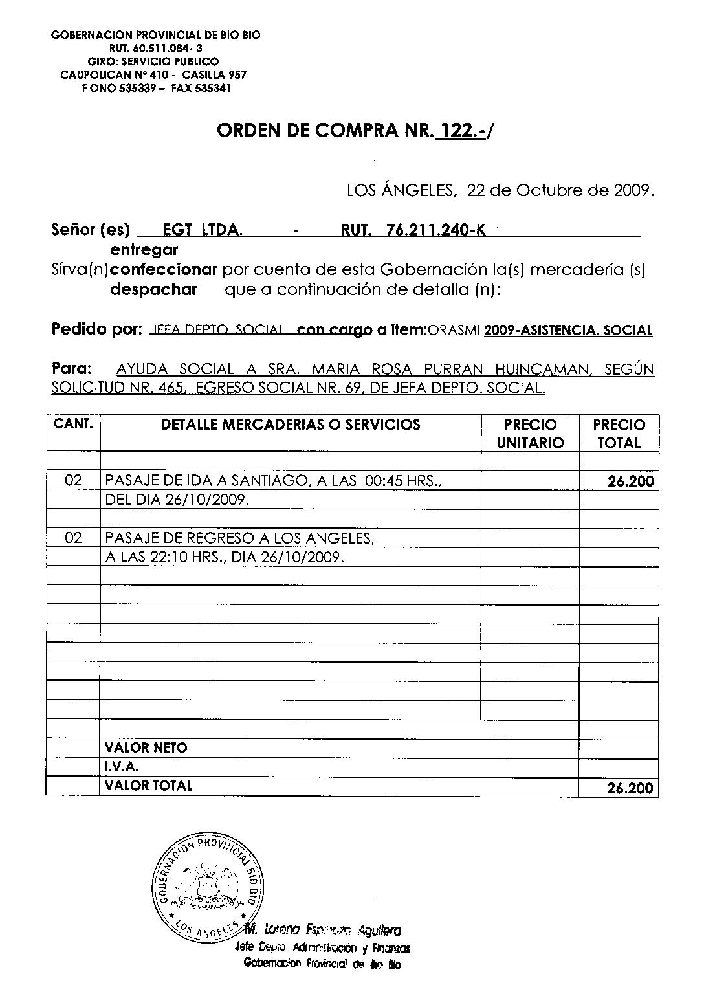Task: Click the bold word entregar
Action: pyautogui.click(x=144, y=250)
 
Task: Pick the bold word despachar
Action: pyautogui.click(x=153, y=290)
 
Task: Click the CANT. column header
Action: pyautogui.click(x=73, y=425)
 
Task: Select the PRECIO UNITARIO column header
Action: pyautogui.click(x=530, y=434)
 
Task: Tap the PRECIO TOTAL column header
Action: pyautogui.click(x=619, y=434)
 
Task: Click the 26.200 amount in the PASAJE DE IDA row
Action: pyautogui.click(x=631, y=481)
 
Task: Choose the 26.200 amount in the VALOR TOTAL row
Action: pyautogui.click(x=630, y=788)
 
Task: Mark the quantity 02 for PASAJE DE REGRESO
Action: pyautogui.click(x=74, y=538)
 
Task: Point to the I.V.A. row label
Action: pyautogui.click(x=122, y=767)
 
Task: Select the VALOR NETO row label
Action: pyautogui.click(x=146, y=748)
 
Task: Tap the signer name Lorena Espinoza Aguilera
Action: pyautogui.click(x=323, y=931)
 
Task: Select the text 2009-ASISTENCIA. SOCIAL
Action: pyautogui.click(x=567, y=331)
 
